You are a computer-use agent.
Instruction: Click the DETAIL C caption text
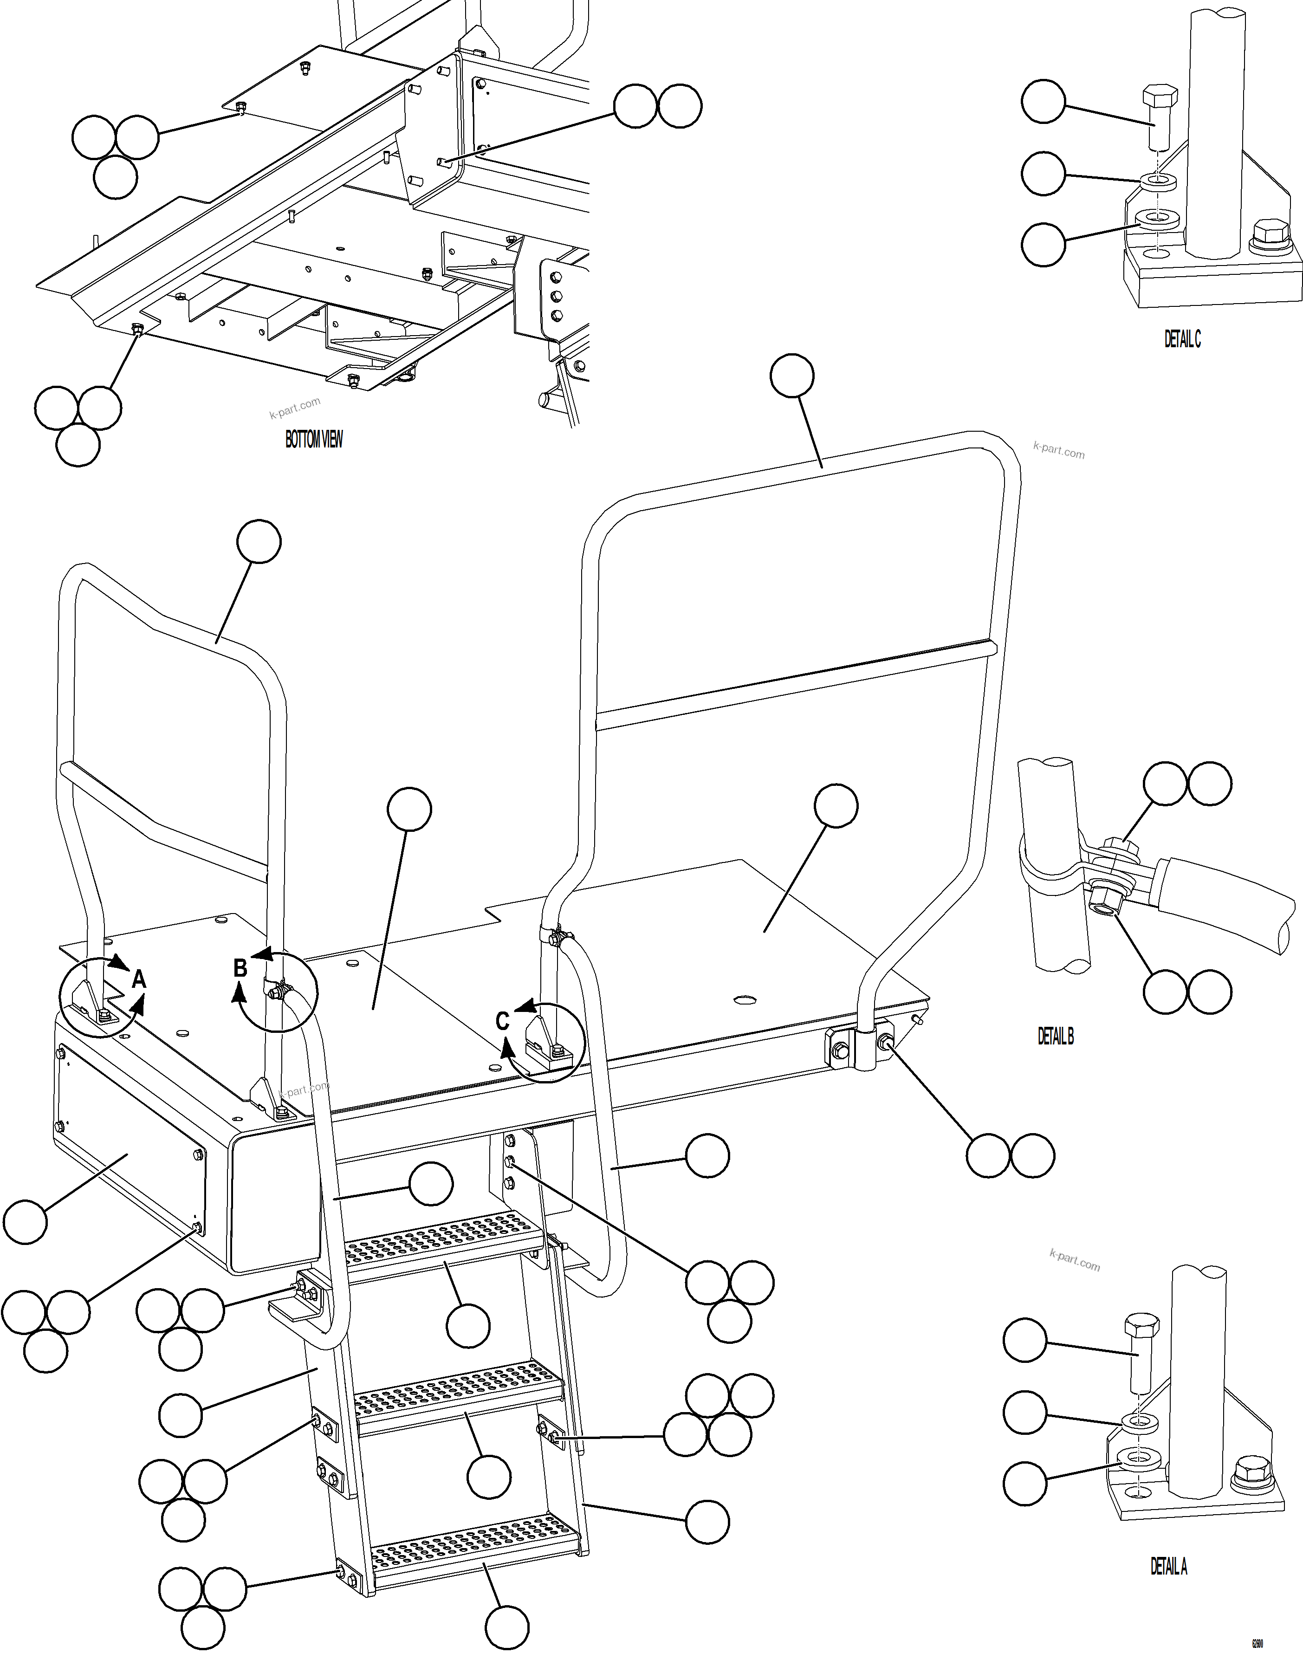pos(1182,339)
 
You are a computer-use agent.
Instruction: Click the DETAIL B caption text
pos(1055,1036)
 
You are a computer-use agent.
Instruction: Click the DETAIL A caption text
pos(1168,1567)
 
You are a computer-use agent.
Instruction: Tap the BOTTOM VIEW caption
pos(313,440)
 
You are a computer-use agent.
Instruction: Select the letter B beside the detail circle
pos(240,968)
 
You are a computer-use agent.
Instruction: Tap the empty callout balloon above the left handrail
pos(259,542)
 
